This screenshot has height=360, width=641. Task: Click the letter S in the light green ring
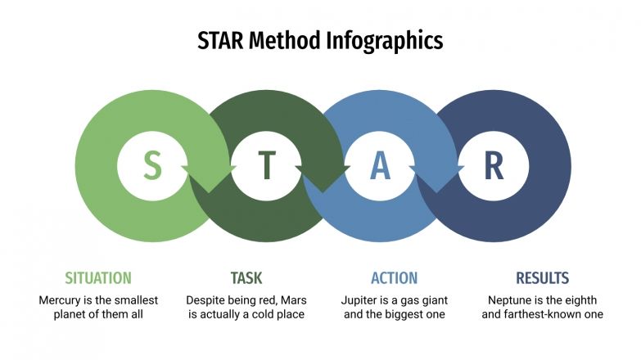click(x=152, y=165)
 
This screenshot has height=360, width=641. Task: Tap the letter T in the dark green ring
click(x=267, y=165)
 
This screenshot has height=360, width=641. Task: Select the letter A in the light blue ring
click(x=380, y=165)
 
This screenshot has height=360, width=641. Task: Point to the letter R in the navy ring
click(x=494, y=165)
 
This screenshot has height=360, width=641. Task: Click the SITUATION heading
click(x=98, y=277)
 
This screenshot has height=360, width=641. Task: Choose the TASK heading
click(x=246, y=277)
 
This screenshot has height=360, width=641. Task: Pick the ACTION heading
click(x=394, y=277)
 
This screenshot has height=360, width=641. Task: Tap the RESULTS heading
click(x=542, y=277)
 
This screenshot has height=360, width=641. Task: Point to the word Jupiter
click(x=363, y=300)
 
